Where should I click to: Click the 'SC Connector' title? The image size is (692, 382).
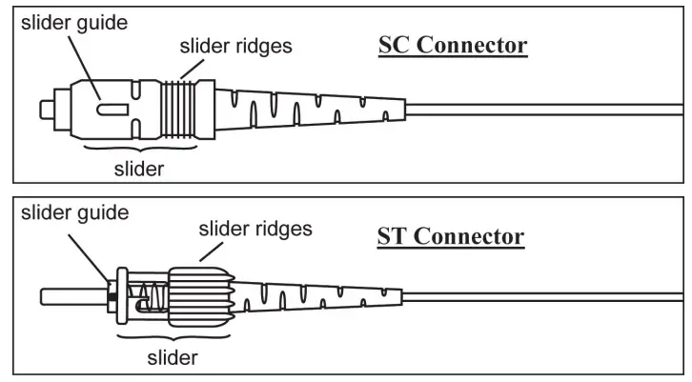click(453, 45)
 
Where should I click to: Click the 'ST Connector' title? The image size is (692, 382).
click(453, 235)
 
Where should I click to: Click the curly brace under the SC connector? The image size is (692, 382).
click(139, 150)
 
